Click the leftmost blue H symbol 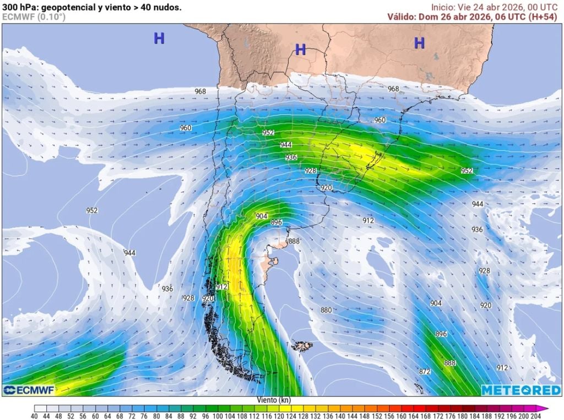point(159,38)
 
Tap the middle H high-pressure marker point(300,50)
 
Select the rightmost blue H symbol point(419,43)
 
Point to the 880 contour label point(326,310)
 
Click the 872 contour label point(424,372)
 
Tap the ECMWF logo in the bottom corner point(29,390)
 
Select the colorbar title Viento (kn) point(274,400)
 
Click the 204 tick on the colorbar point(535,416)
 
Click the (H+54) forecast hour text point(542,16)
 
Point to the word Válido point(401,16)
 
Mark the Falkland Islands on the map point(301,346)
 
